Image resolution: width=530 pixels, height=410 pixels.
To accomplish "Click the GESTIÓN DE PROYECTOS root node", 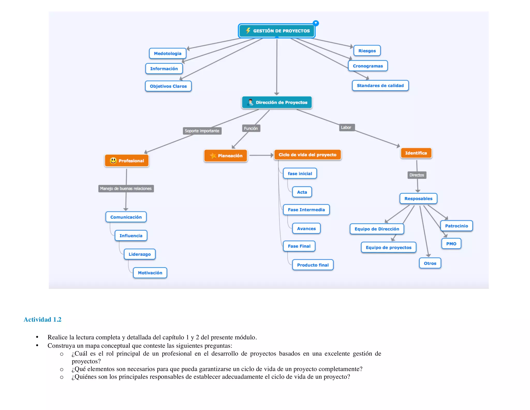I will (x=277, y=31).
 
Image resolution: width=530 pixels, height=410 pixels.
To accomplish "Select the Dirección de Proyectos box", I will (x=277, y=102).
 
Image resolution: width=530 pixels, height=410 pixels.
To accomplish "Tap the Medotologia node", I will (x=167, y=53).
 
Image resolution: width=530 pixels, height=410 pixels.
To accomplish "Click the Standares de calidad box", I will (x=380, y=86).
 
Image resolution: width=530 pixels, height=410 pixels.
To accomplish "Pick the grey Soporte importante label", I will (x=202, y=131).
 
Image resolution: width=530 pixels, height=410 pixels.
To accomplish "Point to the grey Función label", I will (x=251, y=128).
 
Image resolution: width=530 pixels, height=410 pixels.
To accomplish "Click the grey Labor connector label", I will (x=346, y=128).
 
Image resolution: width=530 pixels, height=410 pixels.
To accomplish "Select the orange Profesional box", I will (x=127, y=161).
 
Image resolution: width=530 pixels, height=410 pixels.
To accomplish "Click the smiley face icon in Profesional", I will (x=113, y=161).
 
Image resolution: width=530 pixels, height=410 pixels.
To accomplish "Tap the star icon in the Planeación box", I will (x=213, y=155).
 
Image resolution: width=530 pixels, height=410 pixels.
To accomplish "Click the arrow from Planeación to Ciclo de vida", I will (x=261, y=155).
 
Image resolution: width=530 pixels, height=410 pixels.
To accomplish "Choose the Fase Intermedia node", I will (x=306, y=210).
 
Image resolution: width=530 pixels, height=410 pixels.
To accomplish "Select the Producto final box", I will (x=313, y=265).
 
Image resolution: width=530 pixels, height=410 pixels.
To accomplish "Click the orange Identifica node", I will (x=416, y=153).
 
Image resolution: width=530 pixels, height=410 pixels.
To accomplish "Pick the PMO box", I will (x=451, y=244).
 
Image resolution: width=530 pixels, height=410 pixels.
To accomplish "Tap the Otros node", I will (x=430, y=263).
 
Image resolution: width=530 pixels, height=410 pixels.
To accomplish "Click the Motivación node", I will (x=150, y=273).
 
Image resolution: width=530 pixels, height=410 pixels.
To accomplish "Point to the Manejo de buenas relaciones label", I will (x=126, y=188).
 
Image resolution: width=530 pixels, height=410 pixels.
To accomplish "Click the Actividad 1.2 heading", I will (x=42, y=320).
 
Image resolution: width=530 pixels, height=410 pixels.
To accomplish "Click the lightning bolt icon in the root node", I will (x=248, y=31).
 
